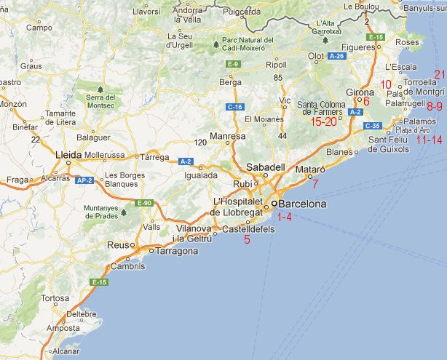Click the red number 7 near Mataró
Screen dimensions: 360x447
click(x=315, y=183)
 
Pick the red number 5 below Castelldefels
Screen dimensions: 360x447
click(x=248, y=239)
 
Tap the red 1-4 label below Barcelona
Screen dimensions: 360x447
click(x=282, y=217)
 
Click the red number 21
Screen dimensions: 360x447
click(x=439, y=74)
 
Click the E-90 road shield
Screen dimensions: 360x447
click(x=145, y=202)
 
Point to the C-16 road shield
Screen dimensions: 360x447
click(x=234, y=107)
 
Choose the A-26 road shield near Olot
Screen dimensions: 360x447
click(x=336, y=55)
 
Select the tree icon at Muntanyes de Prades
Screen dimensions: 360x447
click(x=123, y=213)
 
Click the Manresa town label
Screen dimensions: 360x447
click(x=227, y=136)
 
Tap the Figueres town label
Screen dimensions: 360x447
click(x=358, y=47)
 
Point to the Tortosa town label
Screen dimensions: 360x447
click(x=55, y=298)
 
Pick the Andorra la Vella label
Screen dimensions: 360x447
click(x=187, y=15)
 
